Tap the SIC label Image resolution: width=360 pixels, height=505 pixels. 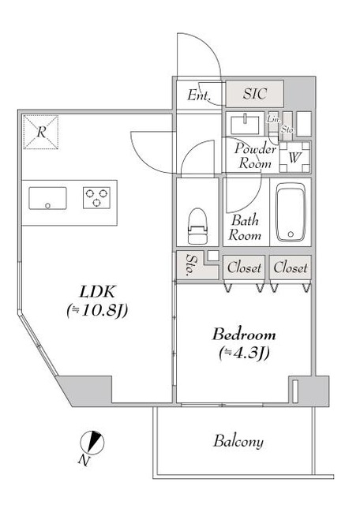254,95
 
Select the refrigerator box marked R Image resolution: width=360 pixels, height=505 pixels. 40,132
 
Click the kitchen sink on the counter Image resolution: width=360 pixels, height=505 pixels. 49,197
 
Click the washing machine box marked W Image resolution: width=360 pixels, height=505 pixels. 294,156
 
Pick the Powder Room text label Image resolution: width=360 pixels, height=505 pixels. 255,157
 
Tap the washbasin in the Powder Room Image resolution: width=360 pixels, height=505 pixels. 246,125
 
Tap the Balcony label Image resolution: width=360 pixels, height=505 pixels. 238,441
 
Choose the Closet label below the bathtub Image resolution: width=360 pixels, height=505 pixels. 291,267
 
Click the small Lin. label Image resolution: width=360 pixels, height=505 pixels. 273,119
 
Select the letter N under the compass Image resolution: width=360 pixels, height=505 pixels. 84,459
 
